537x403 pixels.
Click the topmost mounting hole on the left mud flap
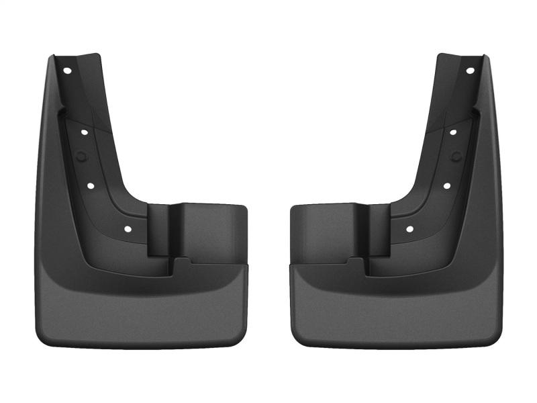tap(68, 70)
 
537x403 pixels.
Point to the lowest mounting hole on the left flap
tap(128, 229)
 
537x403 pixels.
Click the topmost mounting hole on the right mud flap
tap(469, 70)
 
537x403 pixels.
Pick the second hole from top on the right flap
tap(453, 132)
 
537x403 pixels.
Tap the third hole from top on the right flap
tap(446, 184)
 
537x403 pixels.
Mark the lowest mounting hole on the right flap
tap(409, 229)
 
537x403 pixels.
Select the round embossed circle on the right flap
tap(456, 156)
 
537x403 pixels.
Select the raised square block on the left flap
tap(211, 232)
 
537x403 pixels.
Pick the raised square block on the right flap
tap(326, 232)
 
